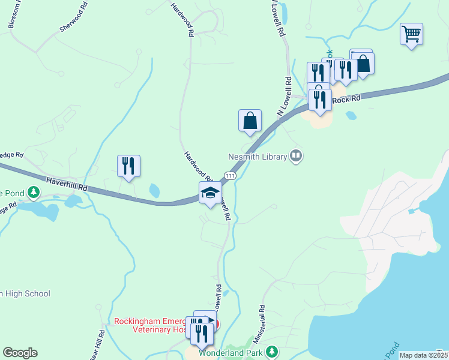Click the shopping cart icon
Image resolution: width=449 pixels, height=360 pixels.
coord(411,34)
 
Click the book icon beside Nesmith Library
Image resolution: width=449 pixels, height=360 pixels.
coord(295,157)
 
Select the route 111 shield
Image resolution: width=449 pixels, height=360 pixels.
coord(229,175)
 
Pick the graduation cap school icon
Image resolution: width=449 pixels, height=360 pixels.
coord(210,193)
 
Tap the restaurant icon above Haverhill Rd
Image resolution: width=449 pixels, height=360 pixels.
coord(128,166)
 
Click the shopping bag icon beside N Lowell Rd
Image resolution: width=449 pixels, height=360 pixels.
coord(250,121)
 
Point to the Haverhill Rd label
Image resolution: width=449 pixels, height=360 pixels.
coord(67,184)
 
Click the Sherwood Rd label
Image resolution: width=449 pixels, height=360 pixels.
coord(73,25)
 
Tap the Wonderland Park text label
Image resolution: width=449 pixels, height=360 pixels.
coord(231,353)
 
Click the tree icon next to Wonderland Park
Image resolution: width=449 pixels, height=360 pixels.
coord(272,351)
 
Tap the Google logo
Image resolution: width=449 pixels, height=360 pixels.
coord(20,353)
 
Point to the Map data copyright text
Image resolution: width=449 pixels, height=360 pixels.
coord(423,355)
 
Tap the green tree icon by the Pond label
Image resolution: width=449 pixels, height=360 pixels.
coord(34,193)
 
